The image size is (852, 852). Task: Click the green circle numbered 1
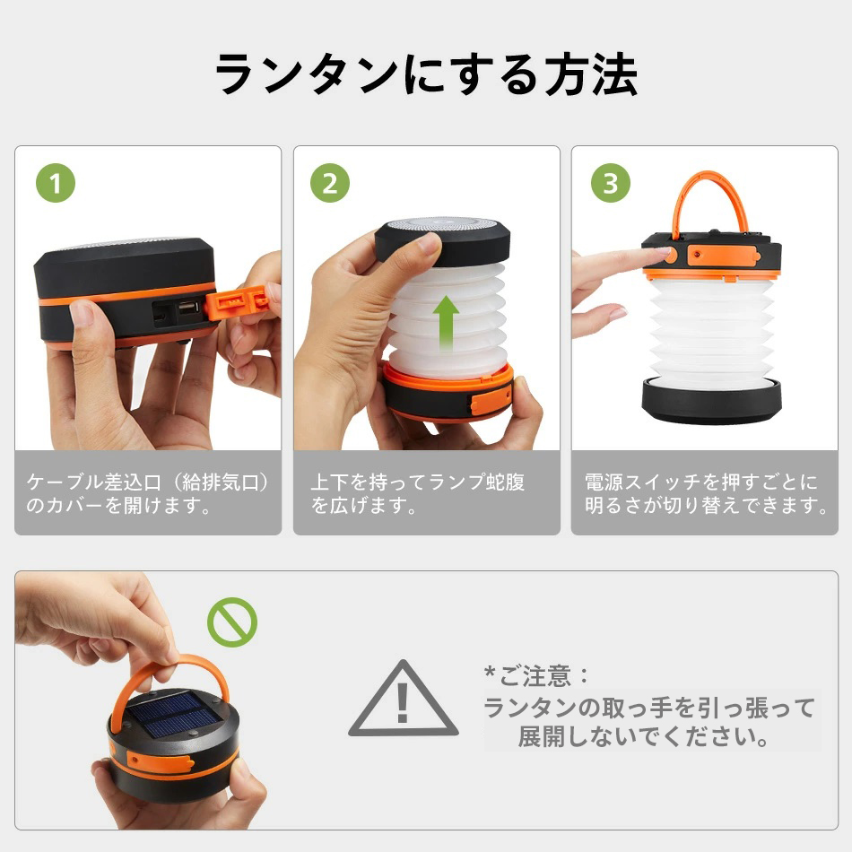point(56,184)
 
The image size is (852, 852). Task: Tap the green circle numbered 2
point(330,184)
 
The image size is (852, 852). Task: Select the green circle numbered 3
point(610,184)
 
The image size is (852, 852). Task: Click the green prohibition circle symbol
point(232,622)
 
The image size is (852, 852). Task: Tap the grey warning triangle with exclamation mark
point(403,701)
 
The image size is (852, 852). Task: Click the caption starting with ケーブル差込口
point(148,494)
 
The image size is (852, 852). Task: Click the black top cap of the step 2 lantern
point(442,240)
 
